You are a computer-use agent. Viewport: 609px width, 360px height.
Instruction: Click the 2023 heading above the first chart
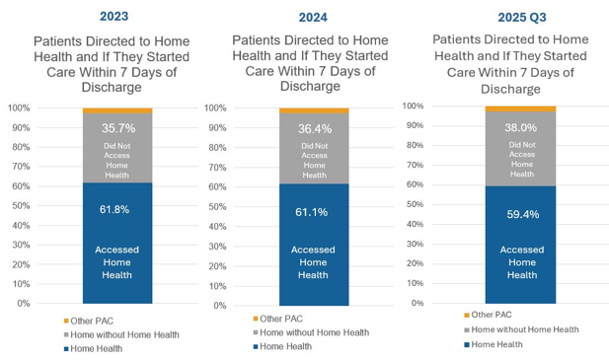point(114,17)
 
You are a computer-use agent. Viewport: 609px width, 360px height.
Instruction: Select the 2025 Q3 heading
point(522,18)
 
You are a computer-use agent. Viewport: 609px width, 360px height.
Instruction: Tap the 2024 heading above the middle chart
point(313,18)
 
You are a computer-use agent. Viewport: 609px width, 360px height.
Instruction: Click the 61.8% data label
point(114,209)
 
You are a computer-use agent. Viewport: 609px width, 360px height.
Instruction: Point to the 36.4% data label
point(315,129)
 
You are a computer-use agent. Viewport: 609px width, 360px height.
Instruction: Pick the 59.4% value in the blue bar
point(523,214)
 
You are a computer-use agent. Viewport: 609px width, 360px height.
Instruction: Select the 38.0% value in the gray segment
point(521,127)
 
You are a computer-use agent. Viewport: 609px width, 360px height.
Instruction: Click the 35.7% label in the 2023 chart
point(118,128)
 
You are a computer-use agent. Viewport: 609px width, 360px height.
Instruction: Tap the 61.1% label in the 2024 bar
point(312,212)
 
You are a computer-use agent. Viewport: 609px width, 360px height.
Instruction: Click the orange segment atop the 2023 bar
point(117,110)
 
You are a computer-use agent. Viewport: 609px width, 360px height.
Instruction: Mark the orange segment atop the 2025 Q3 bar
point(520,108)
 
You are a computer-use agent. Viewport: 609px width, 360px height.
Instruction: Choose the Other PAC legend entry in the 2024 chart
point(277,319)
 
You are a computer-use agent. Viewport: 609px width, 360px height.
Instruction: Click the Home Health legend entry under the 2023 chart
point(93,349)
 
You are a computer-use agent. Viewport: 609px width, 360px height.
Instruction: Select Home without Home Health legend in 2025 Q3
point(521,329)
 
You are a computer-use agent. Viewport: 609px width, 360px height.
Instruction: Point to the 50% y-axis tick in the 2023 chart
point(21,205)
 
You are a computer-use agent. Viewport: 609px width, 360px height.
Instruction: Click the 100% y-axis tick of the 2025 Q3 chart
point(413,106)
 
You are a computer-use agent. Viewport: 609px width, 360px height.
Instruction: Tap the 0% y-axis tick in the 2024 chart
point(220,306)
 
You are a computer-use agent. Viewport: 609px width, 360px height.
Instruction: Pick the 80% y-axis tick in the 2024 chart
point(217,147)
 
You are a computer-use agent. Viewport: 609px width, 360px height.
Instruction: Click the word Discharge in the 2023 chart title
point(112,87)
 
